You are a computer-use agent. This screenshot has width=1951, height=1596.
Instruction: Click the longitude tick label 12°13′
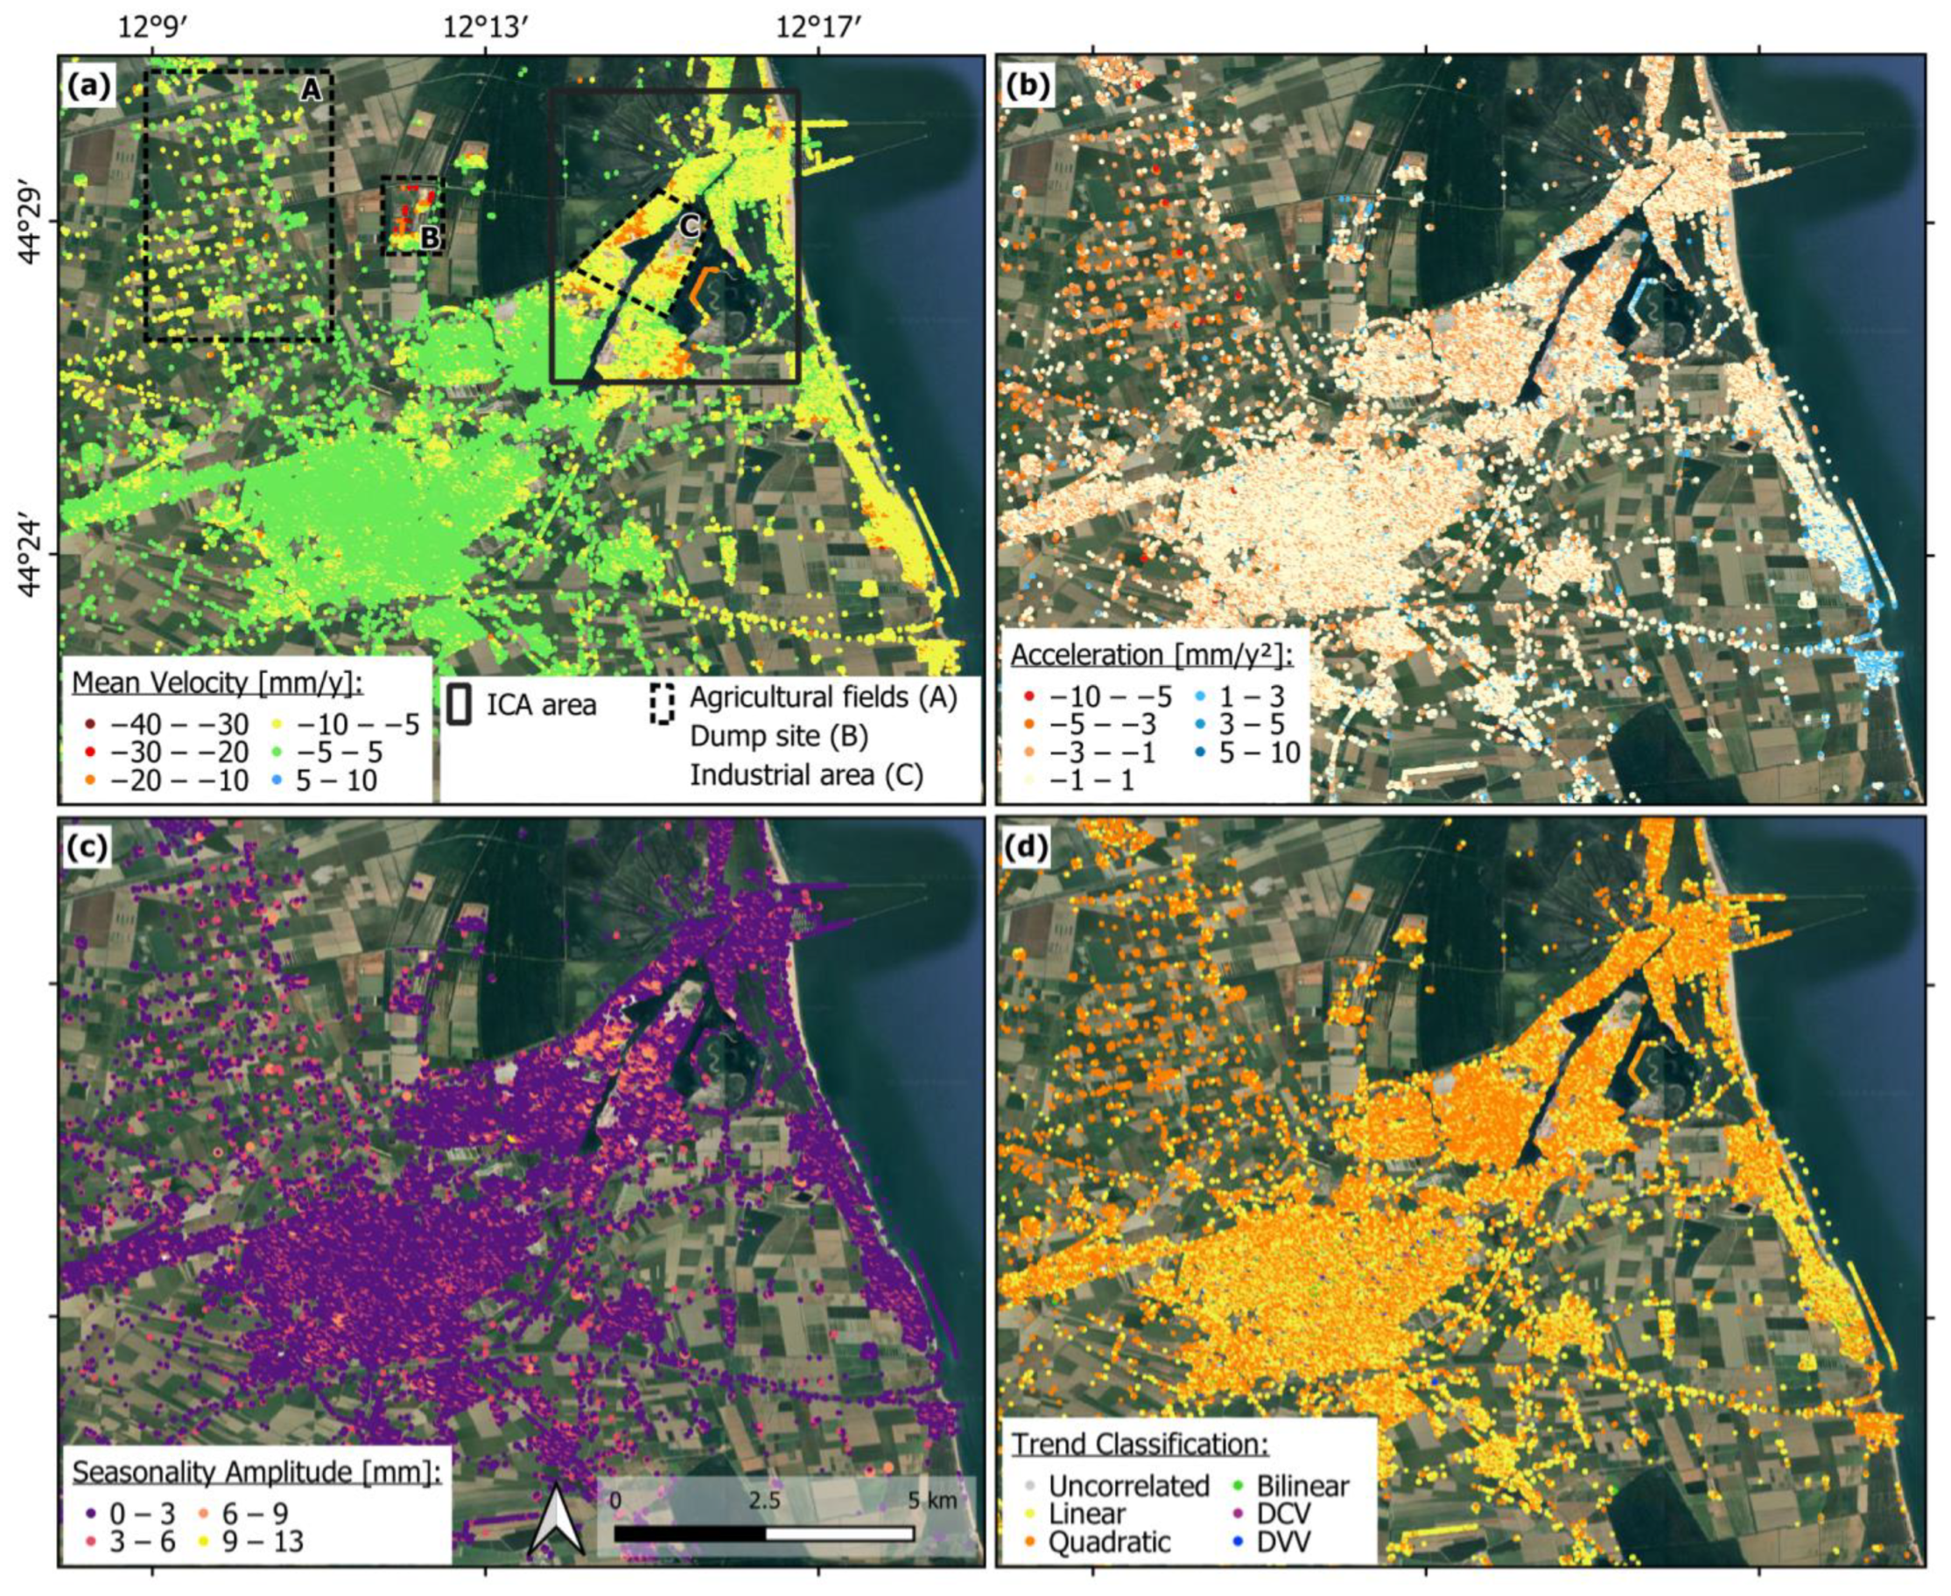click(x=486, y=26)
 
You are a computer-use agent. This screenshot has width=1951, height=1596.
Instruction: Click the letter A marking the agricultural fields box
click(x=311, y=89)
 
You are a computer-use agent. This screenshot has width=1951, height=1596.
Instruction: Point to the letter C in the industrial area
click(x=690, y=226)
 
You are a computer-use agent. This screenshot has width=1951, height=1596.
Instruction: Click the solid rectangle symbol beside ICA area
click(x=460, y=705)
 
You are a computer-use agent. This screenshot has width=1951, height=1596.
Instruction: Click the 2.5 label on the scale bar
click(x=764, y=1501)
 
